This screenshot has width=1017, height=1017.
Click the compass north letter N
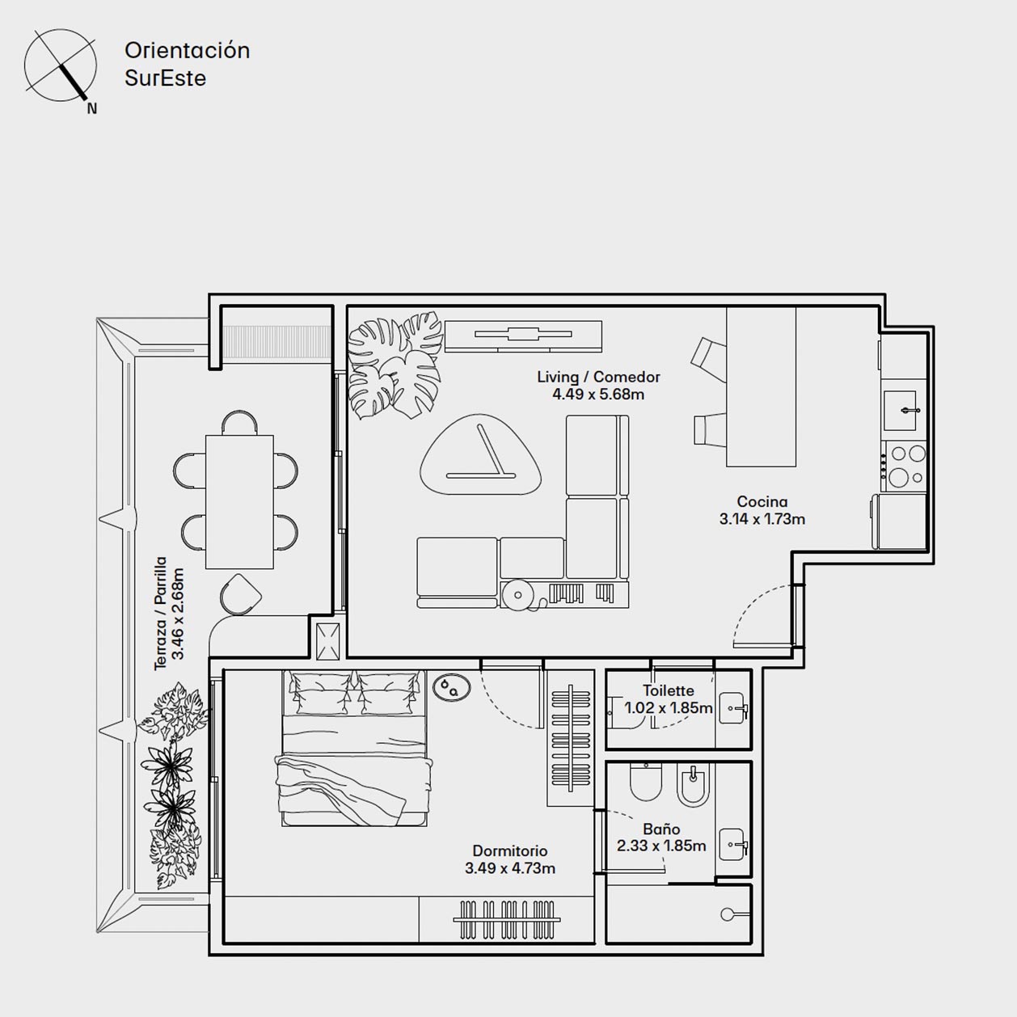tap(92, 108)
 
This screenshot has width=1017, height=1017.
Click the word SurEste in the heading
tap(165, 78)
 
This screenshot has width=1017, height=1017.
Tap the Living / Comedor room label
tap(598, 377)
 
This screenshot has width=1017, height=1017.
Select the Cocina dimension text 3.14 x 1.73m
tap(762, 519)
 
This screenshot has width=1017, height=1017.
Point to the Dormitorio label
tap(510, 850)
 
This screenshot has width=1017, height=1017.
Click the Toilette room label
tap(668, 690)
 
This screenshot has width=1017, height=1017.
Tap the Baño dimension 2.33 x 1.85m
tap(661, 846)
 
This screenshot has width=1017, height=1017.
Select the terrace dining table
tap(239, 502)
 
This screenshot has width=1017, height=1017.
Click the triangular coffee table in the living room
tap(480, 455)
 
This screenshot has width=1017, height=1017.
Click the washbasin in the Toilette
tap(733, 708)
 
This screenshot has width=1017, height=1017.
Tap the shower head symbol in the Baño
tap(728, 914)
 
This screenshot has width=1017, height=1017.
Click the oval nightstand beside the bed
tap(452, 688)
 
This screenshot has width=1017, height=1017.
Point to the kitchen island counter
tap(761, 387)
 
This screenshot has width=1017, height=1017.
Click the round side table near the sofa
tap(517, 595)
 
